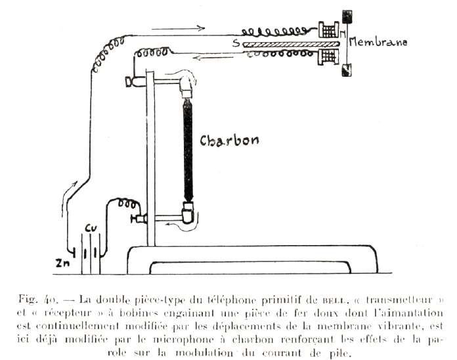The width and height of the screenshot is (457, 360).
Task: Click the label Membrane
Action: pos(378,42)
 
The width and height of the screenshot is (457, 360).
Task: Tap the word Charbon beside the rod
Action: pos(229,141)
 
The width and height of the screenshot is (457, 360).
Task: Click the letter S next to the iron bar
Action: pos(235,43)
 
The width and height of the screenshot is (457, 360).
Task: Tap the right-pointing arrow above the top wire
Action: pos(178,28)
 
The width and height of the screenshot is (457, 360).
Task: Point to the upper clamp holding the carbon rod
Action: pos(186,83)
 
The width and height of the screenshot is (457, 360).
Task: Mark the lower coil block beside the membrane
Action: pos(327,58)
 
